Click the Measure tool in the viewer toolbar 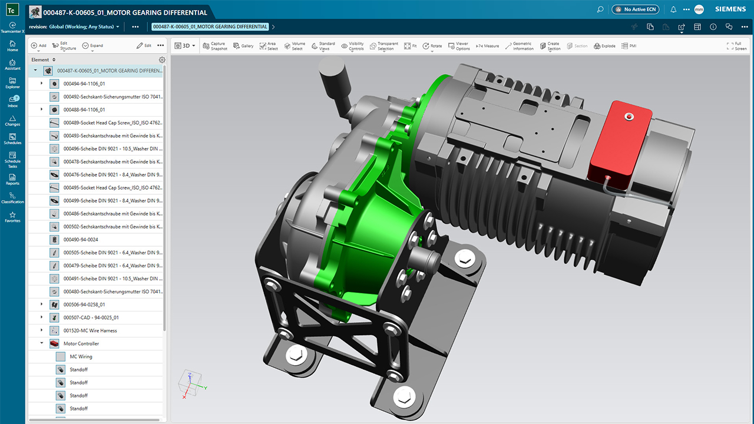tap(487, 46)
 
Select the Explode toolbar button tap(604, 46)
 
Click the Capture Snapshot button tap(214, 46)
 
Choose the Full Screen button tap(737, 46)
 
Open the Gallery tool tap(243, 46)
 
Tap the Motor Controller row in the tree tap(81, 343)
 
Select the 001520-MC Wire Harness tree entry tap(90, 330)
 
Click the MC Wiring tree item tap(81, 356)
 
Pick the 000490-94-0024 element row tap(81, 240)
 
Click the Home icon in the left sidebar tap(12, 47)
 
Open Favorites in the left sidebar tap(12, 217)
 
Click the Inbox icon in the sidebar tap(12, 102)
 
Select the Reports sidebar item tap(12, 179)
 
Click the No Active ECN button tap(635, 9)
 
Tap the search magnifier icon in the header tap(600, 9)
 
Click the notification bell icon tap(673, 9)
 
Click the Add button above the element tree tap(39, 45)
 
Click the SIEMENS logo tap(729, 9)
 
